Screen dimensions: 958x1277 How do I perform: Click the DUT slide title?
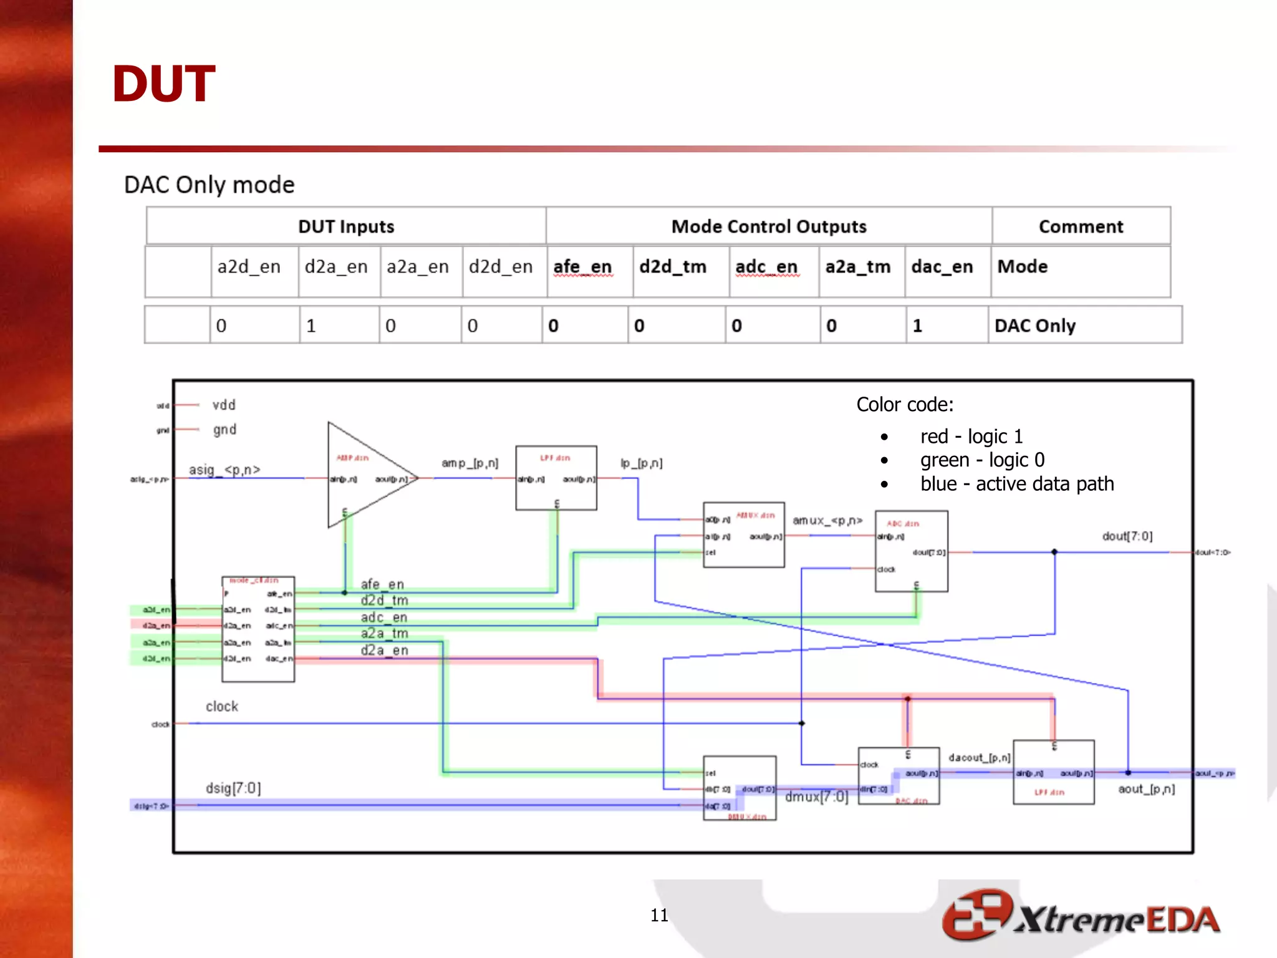coord(163,84)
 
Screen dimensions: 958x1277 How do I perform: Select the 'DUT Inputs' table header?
coord(346,226)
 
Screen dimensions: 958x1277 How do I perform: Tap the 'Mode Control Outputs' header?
coord(768,226)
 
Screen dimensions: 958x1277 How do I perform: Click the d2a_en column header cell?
coord(336,267)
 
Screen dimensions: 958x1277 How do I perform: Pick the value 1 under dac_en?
coord(917,326)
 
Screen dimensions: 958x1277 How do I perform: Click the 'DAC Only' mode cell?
coord(1035,326)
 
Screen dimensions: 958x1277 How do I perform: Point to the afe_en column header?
coord(582,267)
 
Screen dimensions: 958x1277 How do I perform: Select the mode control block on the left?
coord(258,629)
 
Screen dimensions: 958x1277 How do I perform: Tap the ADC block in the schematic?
coord(911,551)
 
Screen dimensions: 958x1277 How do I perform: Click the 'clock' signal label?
coord(222,707)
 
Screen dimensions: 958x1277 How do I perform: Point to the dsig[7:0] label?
coord(233,788)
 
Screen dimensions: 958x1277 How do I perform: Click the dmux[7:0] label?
coord(816,797)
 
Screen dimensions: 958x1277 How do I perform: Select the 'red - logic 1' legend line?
coord(971,437)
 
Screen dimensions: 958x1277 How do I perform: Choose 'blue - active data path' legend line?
coord(1016,484)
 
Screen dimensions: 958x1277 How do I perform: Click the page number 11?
coord(659,915)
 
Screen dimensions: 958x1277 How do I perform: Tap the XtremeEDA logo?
coord(1081,916)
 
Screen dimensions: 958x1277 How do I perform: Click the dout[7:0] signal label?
coord(1127,536)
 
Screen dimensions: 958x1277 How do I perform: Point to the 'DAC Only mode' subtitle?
coord(209,185)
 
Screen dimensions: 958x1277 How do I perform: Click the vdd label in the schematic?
coord(224,405)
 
